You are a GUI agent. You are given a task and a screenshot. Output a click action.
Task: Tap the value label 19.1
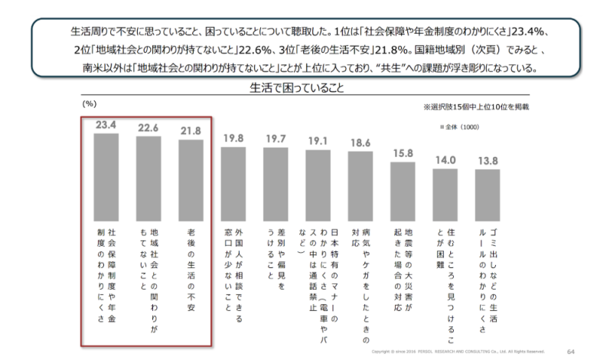pos(318,141)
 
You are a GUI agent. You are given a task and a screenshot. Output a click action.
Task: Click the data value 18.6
pos(360,142)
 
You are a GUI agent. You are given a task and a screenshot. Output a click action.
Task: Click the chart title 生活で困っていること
pos(296,87)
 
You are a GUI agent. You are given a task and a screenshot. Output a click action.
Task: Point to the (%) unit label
pos(90,102)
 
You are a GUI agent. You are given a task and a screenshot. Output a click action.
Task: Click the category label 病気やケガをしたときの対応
pos(360,283)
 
